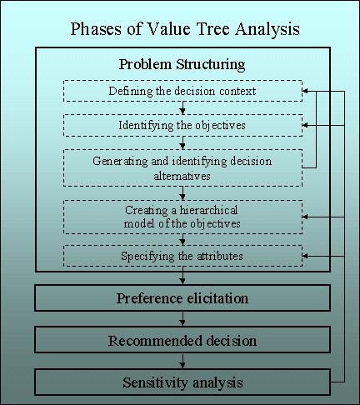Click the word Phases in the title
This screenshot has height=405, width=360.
[96, 28]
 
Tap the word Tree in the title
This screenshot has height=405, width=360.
[213, 28]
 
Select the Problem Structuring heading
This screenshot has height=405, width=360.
[182, 64]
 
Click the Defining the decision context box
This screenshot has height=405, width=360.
[182, 91]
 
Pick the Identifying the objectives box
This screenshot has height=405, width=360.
[182, 125]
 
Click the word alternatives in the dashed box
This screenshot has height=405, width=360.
[182, 176]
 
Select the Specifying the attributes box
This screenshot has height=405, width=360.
[182, 256]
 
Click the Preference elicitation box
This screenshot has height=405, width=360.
[182, 298]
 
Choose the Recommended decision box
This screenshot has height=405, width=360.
[182, 340]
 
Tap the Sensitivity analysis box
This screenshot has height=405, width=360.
[182, 382]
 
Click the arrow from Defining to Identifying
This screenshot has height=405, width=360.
[182, 107]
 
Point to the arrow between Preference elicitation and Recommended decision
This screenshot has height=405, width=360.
[182, 318]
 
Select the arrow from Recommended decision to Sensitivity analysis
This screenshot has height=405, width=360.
[182, 361]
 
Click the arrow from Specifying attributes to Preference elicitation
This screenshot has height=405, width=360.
[182, 276]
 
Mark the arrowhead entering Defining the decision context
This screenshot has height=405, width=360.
[305, 91]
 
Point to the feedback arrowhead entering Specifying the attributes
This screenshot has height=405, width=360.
[305, 256]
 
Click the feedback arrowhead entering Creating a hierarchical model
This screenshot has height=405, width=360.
[305, 217]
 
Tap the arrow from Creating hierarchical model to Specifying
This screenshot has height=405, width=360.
[182, 239]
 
